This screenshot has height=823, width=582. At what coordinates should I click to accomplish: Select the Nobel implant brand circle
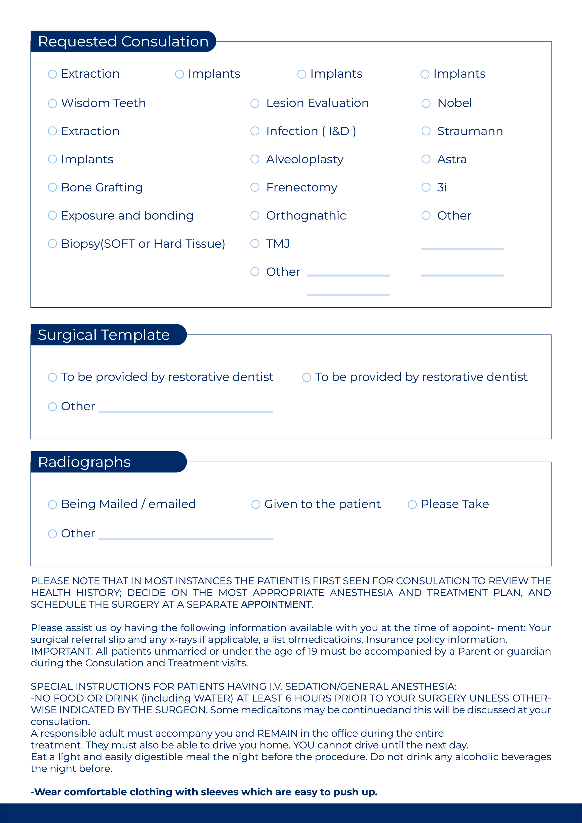tap(426, 104)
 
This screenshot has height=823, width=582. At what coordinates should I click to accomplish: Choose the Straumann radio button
tap(426, 131)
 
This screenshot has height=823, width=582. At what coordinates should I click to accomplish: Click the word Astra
tap(452, 159)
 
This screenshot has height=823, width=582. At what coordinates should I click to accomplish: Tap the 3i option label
tap(442, 187)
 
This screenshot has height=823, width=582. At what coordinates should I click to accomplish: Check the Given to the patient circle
tap(256, 505)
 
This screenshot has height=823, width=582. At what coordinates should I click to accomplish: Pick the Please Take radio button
tap(412, 505)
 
